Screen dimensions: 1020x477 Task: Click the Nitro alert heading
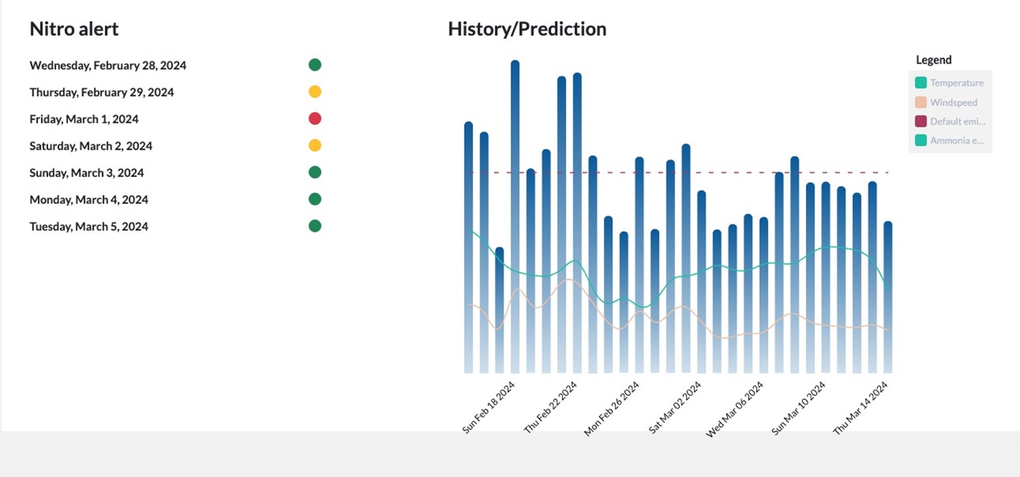73,29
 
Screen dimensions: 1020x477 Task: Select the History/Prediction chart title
527,29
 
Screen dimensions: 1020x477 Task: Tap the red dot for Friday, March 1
315,118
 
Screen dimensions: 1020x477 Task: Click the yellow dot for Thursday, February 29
315,92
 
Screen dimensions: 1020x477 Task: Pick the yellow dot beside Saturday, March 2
315,146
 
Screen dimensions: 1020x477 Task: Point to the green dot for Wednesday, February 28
315,65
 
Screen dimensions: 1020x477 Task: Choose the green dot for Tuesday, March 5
315,226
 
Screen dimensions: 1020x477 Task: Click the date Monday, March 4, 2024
89,199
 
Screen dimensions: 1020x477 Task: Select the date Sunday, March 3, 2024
86,173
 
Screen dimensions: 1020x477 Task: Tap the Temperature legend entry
949,82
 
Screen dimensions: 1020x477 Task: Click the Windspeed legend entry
946,102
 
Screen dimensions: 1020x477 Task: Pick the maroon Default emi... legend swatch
921,121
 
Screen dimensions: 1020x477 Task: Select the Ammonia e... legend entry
949,140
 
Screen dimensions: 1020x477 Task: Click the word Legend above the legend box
934,60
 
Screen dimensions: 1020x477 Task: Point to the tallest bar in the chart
515,216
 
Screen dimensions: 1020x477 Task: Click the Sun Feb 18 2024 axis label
488,408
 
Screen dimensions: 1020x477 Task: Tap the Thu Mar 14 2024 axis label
860,408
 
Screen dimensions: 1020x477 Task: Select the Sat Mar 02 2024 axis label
675,408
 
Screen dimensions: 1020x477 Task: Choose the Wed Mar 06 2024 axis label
734,410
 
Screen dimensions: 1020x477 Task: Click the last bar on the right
888,297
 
